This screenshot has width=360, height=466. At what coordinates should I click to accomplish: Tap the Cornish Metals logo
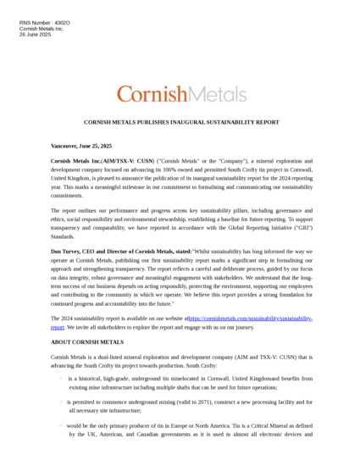pos(181,93)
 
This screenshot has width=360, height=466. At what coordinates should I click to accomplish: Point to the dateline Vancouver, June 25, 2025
pos(81,146)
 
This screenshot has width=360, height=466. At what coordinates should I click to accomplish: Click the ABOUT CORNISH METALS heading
pos(86,341)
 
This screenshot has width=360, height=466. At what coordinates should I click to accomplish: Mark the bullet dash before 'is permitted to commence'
pos(61,401)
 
